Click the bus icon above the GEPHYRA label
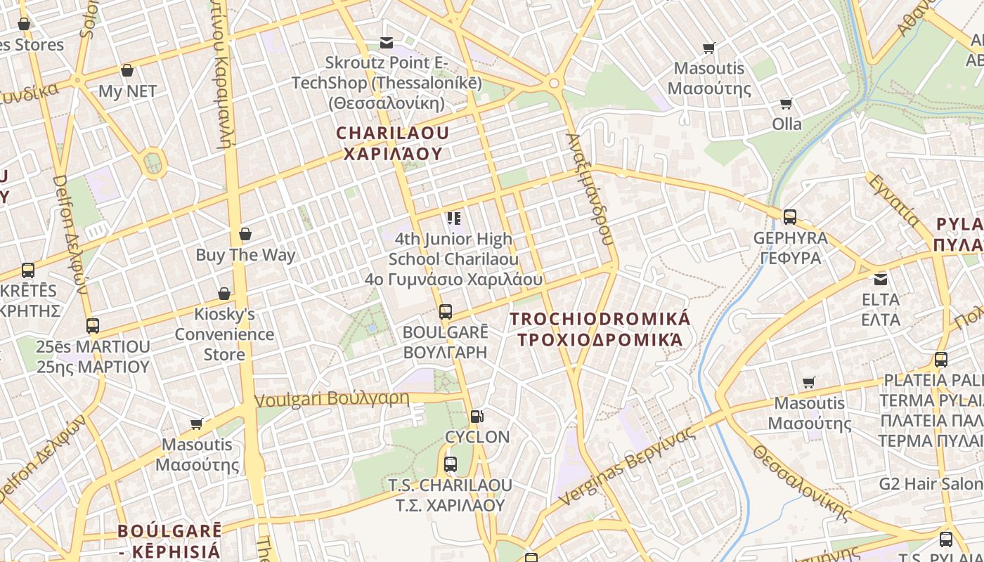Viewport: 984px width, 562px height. [x=790, y=216]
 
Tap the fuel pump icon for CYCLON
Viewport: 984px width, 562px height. [x=477, y=416]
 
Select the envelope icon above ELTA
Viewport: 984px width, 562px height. [x=880, y=279]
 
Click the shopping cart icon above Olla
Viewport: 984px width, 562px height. [x=786, y=103]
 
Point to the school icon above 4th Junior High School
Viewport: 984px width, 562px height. [x=453, y=218]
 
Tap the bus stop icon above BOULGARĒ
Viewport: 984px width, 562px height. [x=445, y=311]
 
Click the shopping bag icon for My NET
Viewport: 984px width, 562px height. [x=127, y=70]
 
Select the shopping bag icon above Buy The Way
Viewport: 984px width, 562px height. [x=245, y=234]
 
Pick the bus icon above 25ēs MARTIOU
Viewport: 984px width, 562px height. [x=93, y=326]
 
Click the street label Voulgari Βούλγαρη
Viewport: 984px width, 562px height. [x=332, y=399]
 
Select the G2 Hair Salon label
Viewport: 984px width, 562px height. [x=931, y=483]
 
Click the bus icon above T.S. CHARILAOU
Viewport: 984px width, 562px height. [x=451, y=464]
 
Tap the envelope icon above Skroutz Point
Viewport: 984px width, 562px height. [x=386, y=43]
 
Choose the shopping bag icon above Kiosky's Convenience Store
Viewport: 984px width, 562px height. [x=224, y=293]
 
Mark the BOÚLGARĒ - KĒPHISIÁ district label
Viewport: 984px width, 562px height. [x=169, y=540]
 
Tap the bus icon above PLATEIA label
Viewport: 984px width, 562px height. [x=941, y=360]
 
